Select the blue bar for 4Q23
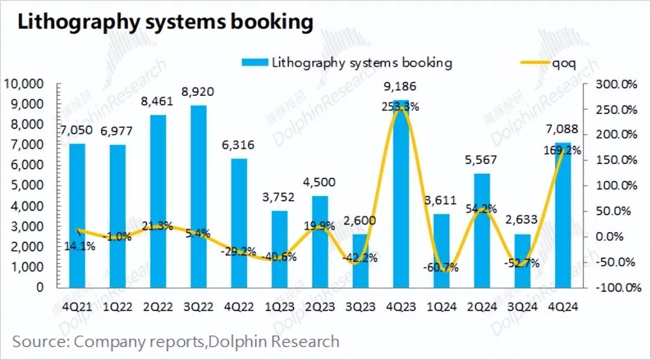(401, 193)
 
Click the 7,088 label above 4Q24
(564, 130)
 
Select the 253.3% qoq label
(400, 107)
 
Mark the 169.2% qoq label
(562, 151)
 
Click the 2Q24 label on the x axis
(482, 306)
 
